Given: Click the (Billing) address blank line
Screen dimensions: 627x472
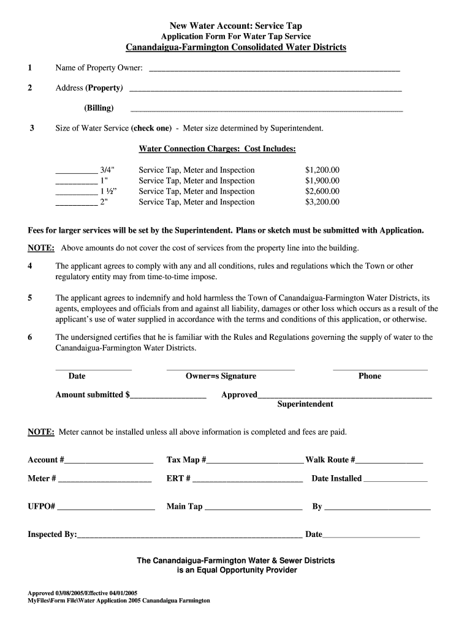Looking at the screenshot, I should [x=267, y=111].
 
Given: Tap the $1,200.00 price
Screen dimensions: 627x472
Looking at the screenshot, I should [x=322, y=170].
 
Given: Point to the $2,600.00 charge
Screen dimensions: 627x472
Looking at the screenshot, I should [x=322, y=192].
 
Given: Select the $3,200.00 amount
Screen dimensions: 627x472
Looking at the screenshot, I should [x=322, y=202].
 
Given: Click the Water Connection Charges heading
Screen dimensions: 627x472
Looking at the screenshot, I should [x=218, y=149].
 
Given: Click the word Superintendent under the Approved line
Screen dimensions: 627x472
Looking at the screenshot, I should [x=305, y=404].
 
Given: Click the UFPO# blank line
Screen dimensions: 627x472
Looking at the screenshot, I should [x=106, y=509].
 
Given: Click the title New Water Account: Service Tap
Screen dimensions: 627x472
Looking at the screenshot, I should [x=235, y=26].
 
